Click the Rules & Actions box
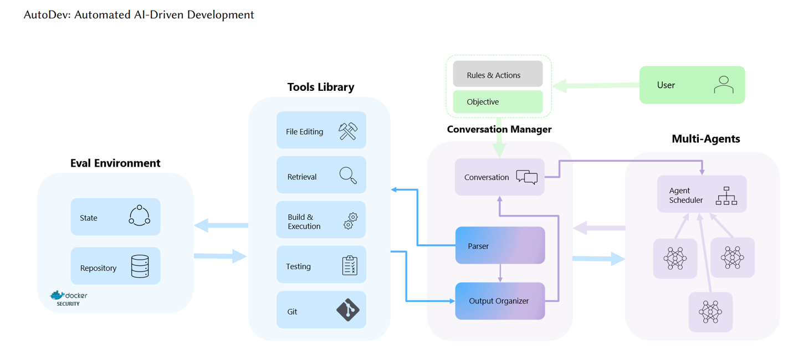coord(498,75)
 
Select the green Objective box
coord(498,102)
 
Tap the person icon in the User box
coord(723,85)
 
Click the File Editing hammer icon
coord(348,131)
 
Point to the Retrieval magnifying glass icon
coord(348,176)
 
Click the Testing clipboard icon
coord(350,265)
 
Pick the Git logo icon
coord(348,310)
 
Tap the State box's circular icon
coord(139,216)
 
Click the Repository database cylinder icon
coord(140,266)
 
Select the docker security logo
coord(69,298)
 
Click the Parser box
coord(500,245)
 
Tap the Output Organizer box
coord(500,301)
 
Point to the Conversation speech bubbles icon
coord(526,177)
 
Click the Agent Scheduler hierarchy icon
coord(726,196)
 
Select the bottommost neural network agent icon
coord(710,312)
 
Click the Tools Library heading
coord(320,87)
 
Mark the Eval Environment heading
coord(115,163)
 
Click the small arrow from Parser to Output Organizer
coord(500,272)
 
